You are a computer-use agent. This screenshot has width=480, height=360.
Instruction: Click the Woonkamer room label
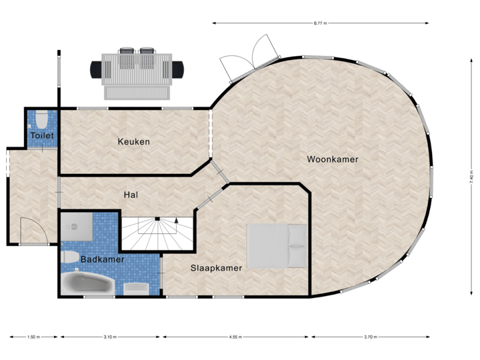[x=333, y=159]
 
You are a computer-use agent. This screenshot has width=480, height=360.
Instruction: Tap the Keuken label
[x=133, y=141]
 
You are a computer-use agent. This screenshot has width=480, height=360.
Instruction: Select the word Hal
[x=131, y=195]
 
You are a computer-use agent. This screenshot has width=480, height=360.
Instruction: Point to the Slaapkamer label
[x=216, y=268]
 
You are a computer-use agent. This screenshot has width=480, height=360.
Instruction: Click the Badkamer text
[x=102, y=259]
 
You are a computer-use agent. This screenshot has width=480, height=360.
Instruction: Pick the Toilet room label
[x=42, y=136]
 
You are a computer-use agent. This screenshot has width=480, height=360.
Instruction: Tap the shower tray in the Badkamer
[x=78, y=225]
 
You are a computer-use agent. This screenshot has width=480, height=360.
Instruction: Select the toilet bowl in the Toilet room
[x=42, y=119]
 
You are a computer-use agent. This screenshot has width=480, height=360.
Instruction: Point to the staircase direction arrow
[x=176, y=219]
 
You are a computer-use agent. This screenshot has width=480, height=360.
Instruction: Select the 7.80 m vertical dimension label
[x=471, y=178]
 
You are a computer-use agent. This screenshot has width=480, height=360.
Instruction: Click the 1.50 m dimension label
[x=34, y=337]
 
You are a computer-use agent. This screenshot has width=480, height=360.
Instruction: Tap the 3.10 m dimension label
[x=111, y=337]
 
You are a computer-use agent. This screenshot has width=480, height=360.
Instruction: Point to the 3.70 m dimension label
[x=371, y=337]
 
